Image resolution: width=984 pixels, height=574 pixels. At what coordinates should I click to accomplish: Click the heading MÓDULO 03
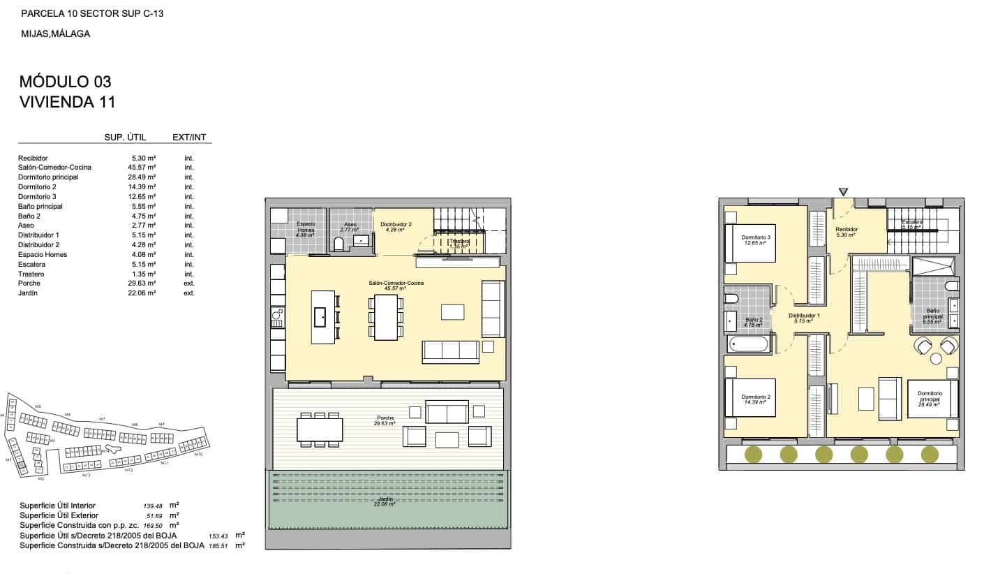coord(66,82)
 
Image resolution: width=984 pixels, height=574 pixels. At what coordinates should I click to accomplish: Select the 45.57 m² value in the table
coord(143,168)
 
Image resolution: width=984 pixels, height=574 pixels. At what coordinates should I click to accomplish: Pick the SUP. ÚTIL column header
coord(125,138)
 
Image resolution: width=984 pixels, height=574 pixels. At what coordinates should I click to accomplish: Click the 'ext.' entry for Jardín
coord(189,293)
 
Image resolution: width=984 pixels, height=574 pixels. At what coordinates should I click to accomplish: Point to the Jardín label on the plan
coord(385,500)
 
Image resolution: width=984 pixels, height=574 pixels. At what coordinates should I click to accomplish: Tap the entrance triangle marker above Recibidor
coord(844,191)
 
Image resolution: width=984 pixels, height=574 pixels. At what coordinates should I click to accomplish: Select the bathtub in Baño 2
coord(749,344)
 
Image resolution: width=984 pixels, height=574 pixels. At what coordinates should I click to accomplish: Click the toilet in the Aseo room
coord(339,244)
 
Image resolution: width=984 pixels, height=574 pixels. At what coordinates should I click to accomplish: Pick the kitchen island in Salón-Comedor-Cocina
coord(323,317)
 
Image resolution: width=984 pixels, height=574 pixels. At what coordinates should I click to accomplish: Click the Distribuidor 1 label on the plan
coord(804,316)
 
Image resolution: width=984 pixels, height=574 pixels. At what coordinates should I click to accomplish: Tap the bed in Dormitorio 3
coord(751,242)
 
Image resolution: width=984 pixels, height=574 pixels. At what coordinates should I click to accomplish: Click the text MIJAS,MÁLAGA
coord(55,33)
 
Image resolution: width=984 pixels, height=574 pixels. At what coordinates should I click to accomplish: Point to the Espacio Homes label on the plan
coord(306,227)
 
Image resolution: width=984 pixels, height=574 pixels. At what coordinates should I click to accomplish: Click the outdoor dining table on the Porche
coord(320,429)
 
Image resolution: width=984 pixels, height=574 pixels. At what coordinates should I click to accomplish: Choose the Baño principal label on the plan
coord(933,314)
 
